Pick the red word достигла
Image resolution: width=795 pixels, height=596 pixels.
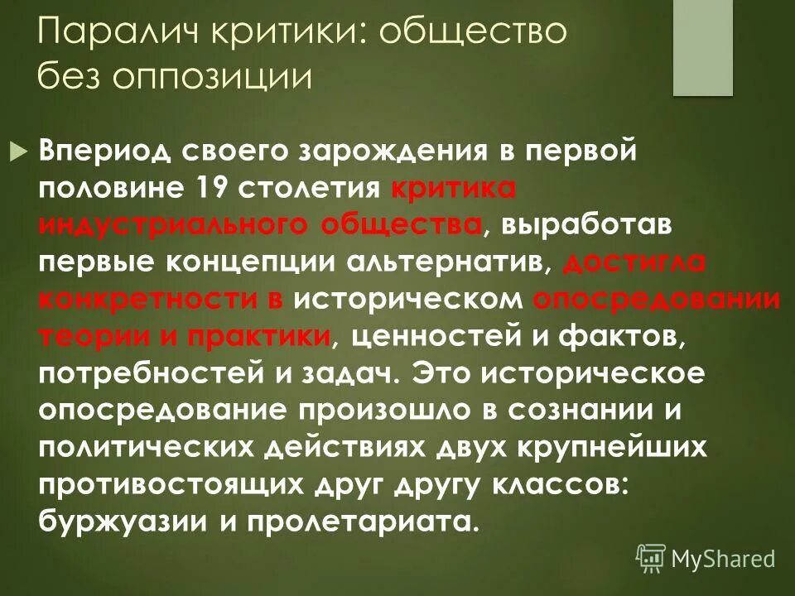coord(634,262)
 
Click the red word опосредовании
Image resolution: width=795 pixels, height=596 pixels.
coord(656,300)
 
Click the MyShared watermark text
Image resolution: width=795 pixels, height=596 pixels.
coord(723,558)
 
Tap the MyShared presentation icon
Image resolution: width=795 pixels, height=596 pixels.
coord(651,558)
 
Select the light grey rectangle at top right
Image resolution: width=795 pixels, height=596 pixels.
coord(702,48)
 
